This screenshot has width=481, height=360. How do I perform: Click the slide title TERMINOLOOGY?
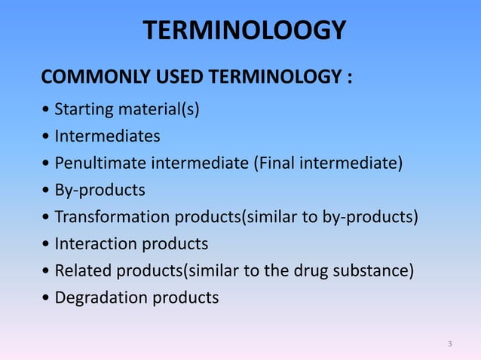click(244, 31)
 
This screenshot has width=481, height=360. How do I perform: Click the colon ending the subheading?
click(349, 79)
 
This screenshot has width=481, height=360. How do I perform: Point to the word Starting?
click(84, 111)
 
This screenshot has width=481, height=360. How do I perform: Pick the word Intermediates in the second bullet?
click(107, 137)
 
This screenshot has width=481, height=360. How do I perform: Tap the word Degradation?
click(102, 297)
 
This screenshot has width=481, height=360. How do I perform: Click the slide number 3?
click(449, 344)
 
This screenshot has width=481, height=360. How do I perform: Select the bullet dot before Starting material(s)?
click(47, 111)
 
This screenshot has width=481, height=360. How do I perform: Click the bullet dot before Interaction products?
click(47, 245)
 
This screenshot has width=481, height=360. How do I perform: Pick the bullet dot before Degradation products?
click(47, 298)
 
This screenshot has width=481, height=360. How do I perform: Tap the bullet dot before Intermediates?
click(47, 138)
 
